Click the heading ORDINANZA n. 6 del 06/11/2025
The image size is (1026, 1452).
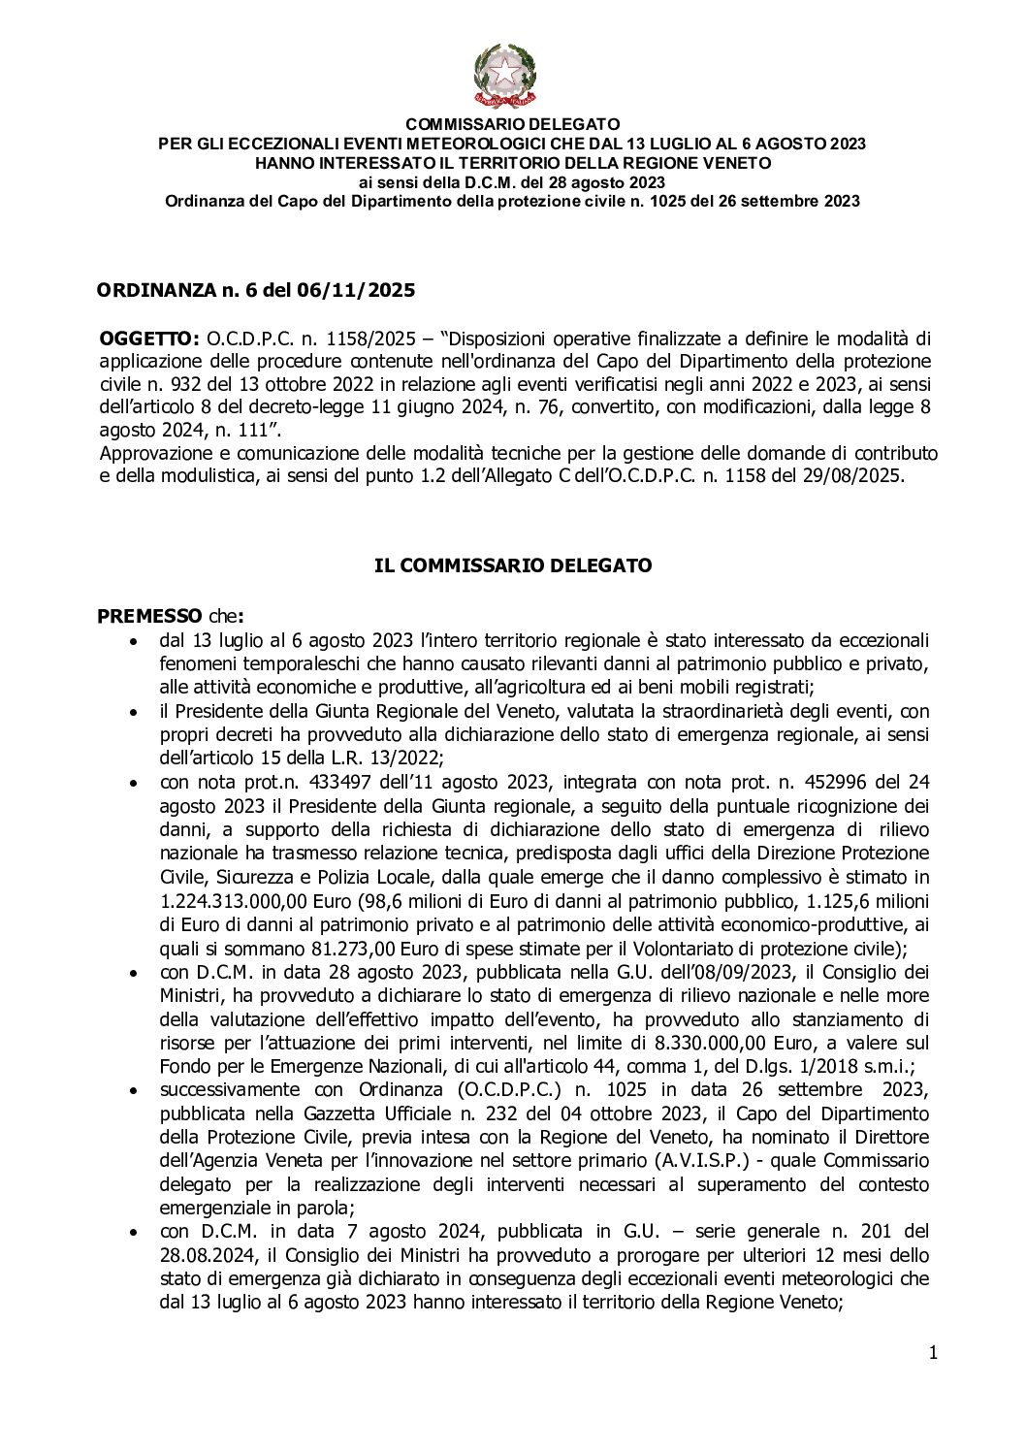(x=256, y=290)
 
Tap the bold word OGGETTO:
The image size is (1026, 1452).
(x=150, y=338)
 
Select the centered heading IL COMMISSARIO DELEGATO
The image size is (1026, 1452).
(x=513, y=565)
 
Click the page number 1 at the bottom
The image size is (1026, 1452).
(x=932, y=1353)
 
